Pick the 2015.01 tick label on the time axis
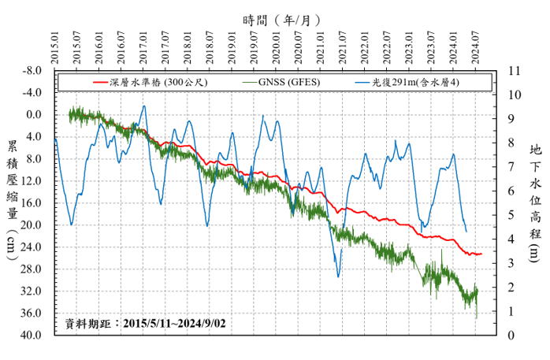tap(55, 50)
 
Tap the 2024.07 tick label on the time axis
tap(476, 50)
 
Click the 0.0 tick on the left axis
tap(35, 114)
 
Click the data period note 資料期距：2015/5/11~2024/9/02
tap(148, 323)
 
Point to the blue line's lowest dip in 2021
tap(339, 276)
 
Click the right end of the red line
tap(481, 254)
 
